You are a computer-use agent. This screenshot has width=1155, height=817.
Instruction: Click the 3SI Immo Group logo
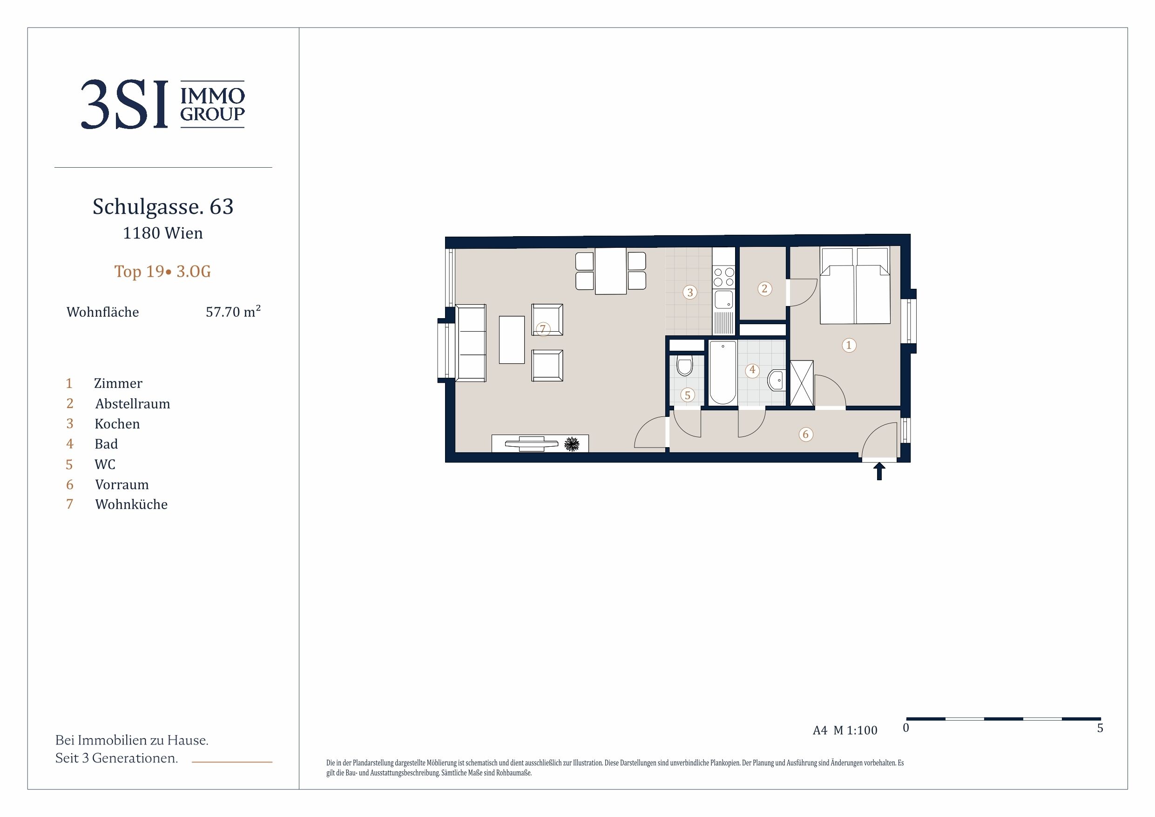click(163, 104)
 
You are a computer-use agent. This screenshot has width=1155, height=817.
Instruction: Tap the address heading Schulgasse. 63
click(163, 207)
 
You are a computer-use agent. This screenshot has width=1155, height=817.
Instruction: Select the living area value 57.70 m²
click(233, 312)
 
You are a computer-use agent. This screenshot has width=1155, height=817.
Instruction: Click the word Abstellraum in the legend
click(133, 404)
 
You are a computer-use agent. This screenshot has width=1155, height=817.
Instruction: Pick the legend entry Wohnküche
click(131, 504)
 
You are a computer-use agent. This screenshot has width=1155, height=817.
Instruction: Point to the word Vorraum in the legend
click(122, 484)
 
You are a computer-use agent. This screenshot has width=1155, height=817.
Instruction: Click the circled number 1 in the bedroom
click(849, 345)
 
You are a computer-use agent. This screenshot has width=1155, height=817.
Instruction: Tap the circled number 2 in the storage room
click(764, 288)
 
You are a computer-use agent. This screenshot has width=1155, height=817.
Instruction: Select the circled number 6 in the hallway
click(806, 435)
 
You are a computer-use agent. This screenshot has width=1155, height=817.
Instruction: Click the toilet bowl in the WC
click(685, 366)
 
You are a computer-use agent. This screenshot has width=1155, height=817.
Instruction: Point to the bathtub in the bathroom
click(723, 373)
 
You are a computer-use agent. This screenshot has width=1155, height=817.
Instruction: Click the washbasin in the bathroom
click(776, 380)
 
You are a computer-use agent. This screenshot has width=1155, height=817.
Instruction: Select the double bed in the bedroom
click(855, 286)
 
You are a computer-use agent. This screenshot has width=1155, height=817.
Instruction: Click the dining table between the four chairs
click(611, 271)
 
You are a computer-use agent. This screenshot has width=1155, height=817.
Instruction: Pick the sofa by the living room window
click(470, 343)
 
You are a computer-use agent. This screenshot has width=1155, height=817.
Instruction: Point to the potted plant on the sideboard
click(572, 444)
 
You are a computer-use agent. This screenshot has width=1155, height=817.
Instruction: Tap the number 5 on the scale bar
click(1100, 728)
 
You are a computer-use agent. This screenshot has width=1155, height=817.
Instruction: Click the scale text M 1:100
click(855, 730)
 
